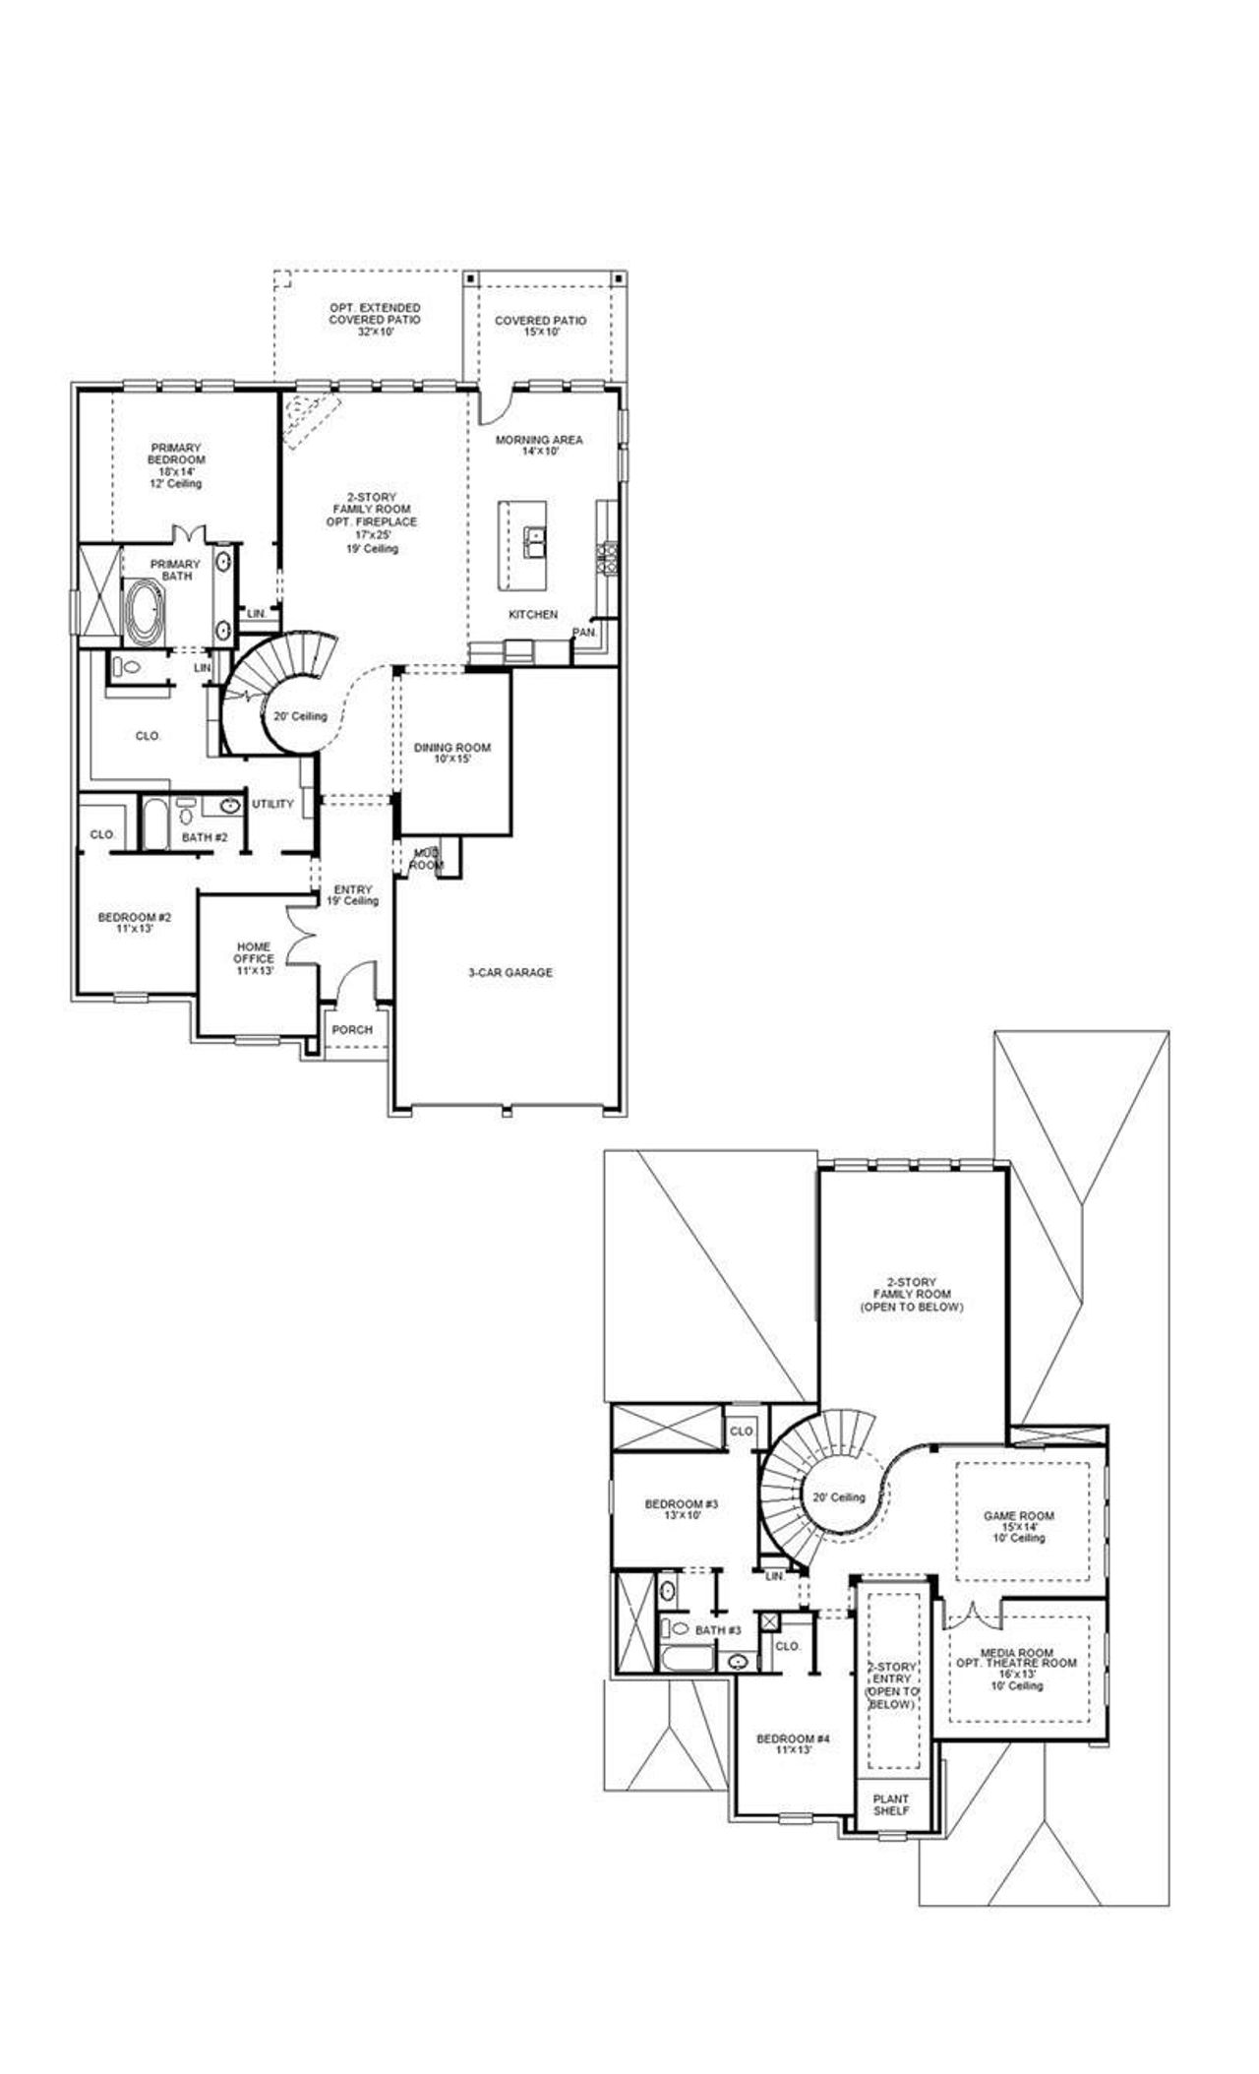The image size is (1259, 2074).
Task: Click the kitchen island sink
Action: (x=534, y=541)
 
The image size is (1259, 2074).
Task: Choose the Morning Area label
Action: (x=539, y=445)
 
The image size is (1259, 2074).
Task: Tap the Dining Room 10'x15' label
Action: (x=451, y=753)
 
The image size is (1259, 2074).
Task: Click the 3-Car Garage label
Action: (x=510, y=972)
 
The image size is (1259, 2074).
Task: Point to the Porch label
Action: (x=352, y=1030)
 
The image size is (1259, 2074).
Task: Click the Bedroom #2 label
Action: (x=135, y=922)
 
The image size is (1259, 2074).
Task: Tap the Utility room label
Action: (x=272, y=804)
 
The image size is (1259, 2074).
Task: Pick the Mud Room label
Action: (x=427, y=859)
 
